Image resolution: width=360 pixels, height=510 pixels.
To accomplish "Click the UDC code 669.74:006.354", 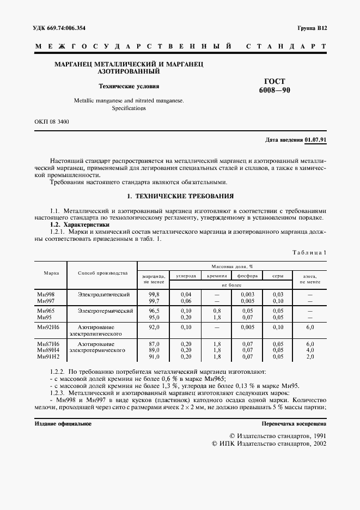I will (x=67, y=27).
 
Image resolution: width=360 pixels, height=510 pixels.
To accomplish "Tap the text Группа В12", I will (x=312, y=27).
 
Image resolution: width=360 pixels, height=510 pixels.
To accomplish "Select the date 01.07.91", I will (x=315, y=140).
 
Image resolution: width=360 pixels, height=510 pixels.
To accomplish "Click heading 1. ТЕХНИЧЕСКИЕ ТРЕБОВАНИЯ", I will (x=180, y=196).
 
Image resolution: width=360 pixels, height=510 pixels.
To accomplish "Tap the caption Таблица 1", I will (x=309, y=253).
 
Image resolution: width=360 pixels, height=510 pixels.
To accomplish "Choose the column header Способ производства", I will (x=102, y=273).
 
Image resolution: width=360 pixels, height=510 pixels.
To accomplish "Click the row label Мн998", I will (x=45, y=294).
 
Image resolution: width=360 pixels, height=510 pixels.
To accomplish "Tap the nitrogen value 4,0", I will (x=310, y=350).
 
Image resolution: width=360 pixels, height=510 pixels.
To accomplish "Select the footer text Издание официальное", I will (x=63, y=423).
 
